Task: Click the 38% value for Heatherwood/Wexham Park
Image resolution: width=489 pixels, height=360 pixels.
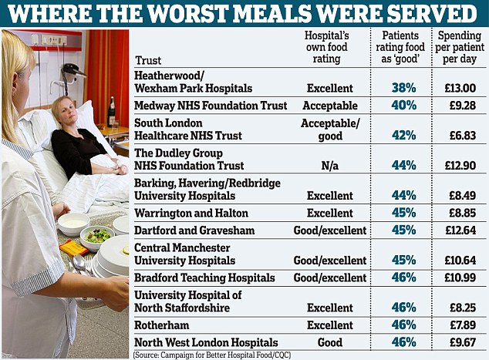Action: [402, 88]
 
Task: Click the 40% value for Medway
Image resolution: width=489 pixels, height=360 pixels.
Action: [402, 106]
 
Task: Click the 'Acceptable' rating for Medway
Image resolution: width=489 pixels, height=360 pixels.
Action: [330, 106]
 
